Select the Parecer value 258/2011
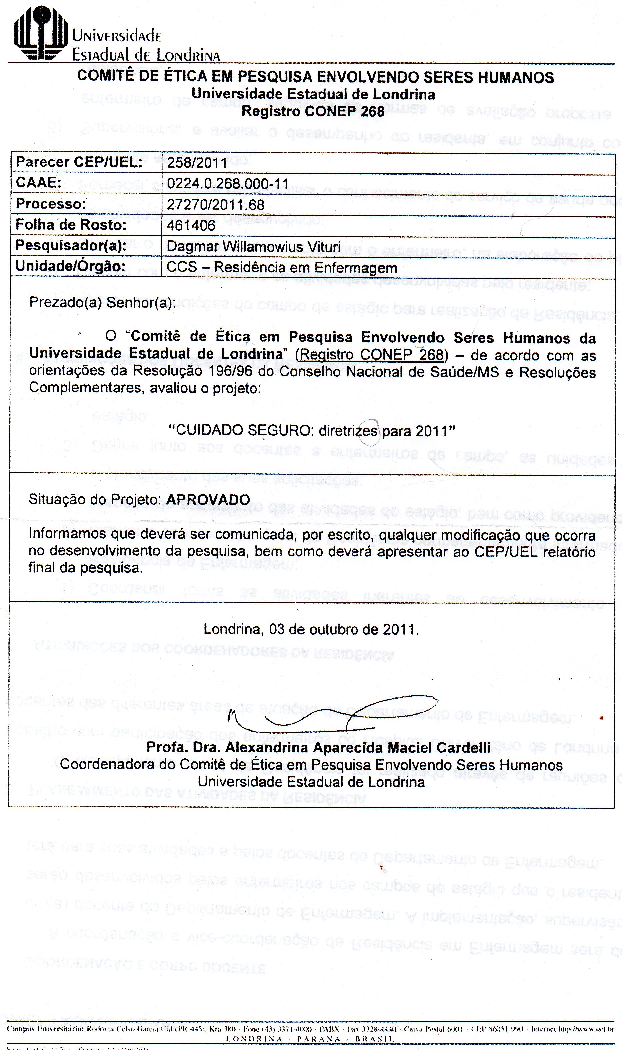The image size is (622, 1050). [x=197, y=163]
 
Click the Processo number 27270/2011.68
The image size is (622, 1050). [x=215, y=205]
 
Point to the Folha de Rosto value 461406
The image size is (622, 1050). [x=191, y=226]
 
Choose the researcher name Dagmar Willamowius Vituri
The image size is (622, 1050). [x=253, y=246]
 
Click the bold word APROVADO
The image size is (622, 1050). [x=208, y=500]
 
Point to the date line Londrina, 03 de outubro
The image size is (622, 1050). [x=311, y=629]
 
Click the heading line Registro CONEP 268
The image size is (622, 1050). [x=313, y=111]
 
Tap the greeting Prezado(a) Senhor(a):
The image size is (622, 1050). [x=102, y=302]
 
